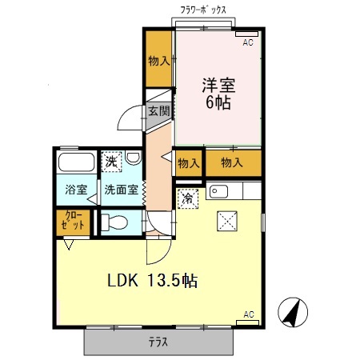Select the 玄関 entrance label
[x=158, y=111]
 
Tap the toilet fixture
[x=111, y=222]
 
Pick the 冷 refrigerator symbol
[x=186, y=197]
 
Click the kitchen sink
[x=220, y=192]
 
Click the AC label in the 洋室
[x=248, y=42]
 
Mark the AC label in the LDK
[x=248, y=314]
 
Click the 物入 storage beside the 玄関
[x=158, y=61]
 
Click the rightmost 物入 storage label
[x=232, y=163]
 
